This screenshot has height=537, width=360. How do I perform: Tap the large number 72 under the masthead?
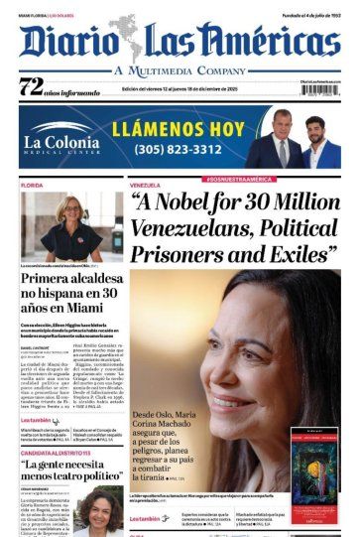pos(33,87)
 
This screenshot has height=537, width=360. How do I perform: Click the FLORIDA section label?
pos(31,185)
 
